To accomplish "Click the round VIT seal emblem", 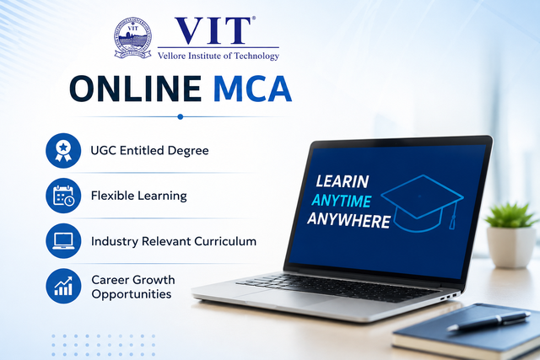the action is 133,38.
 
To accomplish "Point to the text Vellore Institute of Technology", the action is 219,56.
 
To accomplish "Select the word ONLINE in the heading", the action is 136,89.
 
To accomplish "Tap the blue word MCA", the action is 252,89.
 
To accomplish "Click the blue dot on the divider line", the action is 180,116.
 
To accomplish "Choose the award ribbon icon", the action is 63,151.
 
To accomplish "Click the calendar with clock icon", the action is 63,196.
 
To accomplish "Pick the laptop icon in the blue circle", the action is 63,241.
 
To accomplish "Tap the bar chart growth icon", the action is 63,286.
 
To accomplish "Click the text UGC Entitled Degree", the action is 149,151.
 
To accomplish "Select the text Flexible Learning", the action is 138,196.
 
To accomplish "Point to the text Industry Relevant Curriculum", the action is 174,241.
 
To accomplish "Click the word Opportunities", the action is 132,294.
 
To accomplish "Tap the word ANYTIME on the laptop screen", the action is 341,201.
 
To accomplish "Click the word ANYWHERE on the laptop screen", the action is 348,220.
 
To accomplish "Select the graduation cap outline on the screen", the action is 422,203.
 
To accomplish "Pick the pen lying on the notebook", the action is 489,321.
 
